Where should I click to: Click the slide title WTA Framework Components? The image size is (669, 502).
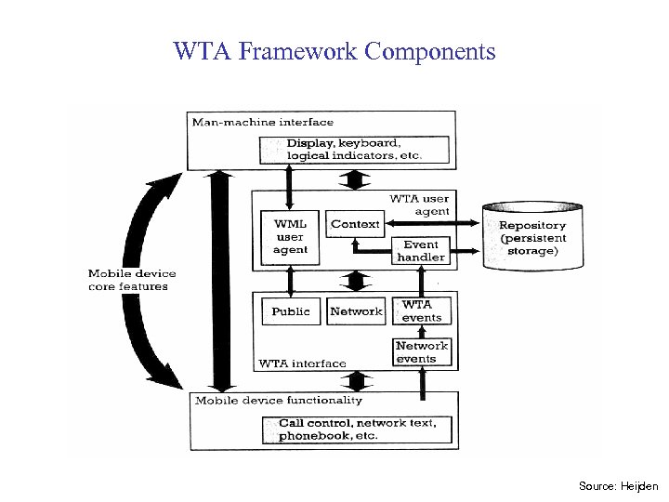point(334,51)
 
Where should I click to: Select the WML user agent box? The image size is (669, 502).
point(289,237)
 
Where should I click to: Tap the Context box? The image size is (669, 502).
point(355,224)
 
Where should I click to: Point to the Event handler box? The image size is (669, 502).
point(421,250)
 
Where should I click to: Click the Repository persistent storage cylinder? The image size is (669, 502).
point(531,238)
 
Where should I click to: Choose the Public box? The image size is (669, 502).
point(291,311)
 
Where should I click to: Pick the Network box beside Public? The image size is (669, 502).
point(356,311)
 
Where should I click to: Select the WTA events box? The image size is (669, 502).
point(422,310)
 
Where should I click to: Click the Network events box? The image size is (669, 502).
point(422,351)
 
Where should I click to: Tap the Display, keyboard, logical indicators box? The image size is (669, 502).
point(355,149)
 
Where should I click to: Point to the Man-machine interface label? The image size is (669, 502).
point(249,122)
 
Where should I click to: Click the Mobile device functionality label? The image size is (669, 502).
point(278,400)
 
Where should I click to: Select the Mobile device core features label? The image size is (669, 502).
point(131,280)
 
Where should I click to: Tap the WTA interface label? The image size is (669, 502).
point(302,363)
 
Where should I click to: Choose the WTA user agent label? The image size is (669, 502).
point(419,205)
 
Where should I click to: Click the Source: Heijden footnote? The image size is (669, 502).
point(618,486)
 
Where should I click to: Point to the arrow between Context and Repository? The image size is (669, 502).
point(433,223)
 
